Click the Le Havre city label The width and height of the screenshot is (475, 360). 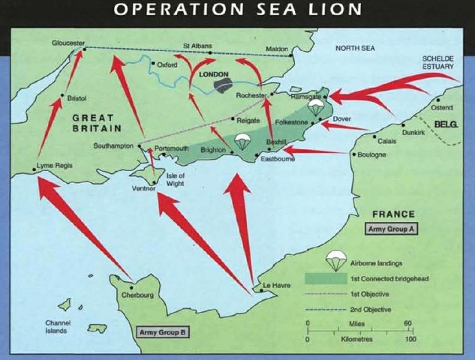pyautogui.click(x=275, y=285)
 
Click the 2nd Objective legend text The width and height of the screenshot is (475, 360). pyautogui.click(x=369, y=309)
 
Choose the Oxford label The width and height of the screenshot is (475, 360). pyautogui.click(x=167, y=65)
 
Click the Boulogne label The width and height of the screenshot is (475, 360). pyautogui.click(x=373, y=154)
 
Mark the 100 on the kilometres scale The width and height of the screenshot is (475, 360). pyautogui.click(x=410, y=339)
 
